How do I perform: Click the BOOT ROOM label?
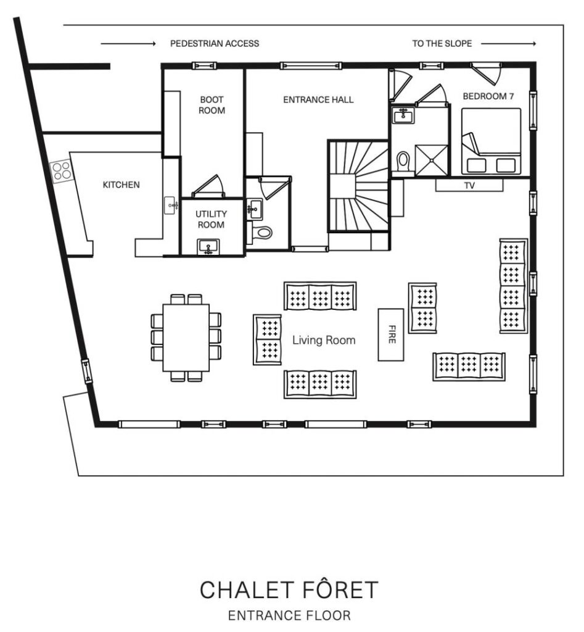212,105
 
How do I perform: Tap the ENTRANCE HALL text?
318,99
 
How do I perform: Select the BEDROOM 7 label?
488,96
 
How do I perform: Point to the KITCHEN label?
121,185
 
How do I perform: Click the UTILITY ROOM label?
211,219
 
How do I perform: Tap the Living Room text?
324,340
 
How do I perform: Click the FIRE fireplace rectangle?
391,335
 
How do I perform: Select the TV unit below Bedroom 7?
470,185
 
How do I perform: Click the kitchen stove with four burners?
61,171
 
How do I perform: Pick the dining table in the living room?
186,338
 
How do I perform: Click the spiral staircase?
358,186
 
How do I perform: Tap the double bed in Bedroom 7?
491,141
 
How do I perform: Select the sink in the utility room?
208,247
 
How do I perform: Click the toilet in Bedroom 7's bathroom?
402,162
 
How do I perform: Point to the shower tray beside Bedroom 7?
431,160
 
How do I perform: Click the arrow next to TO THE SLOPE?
509,44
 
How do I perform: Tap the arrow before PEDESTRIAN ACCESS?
128,44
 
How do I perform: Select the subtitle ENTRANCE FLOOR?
289,615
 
